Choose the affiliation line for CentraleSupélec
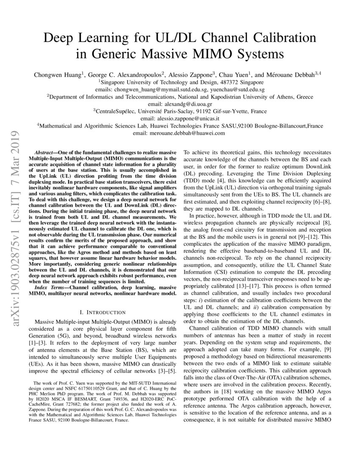(x=180, y=111)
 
